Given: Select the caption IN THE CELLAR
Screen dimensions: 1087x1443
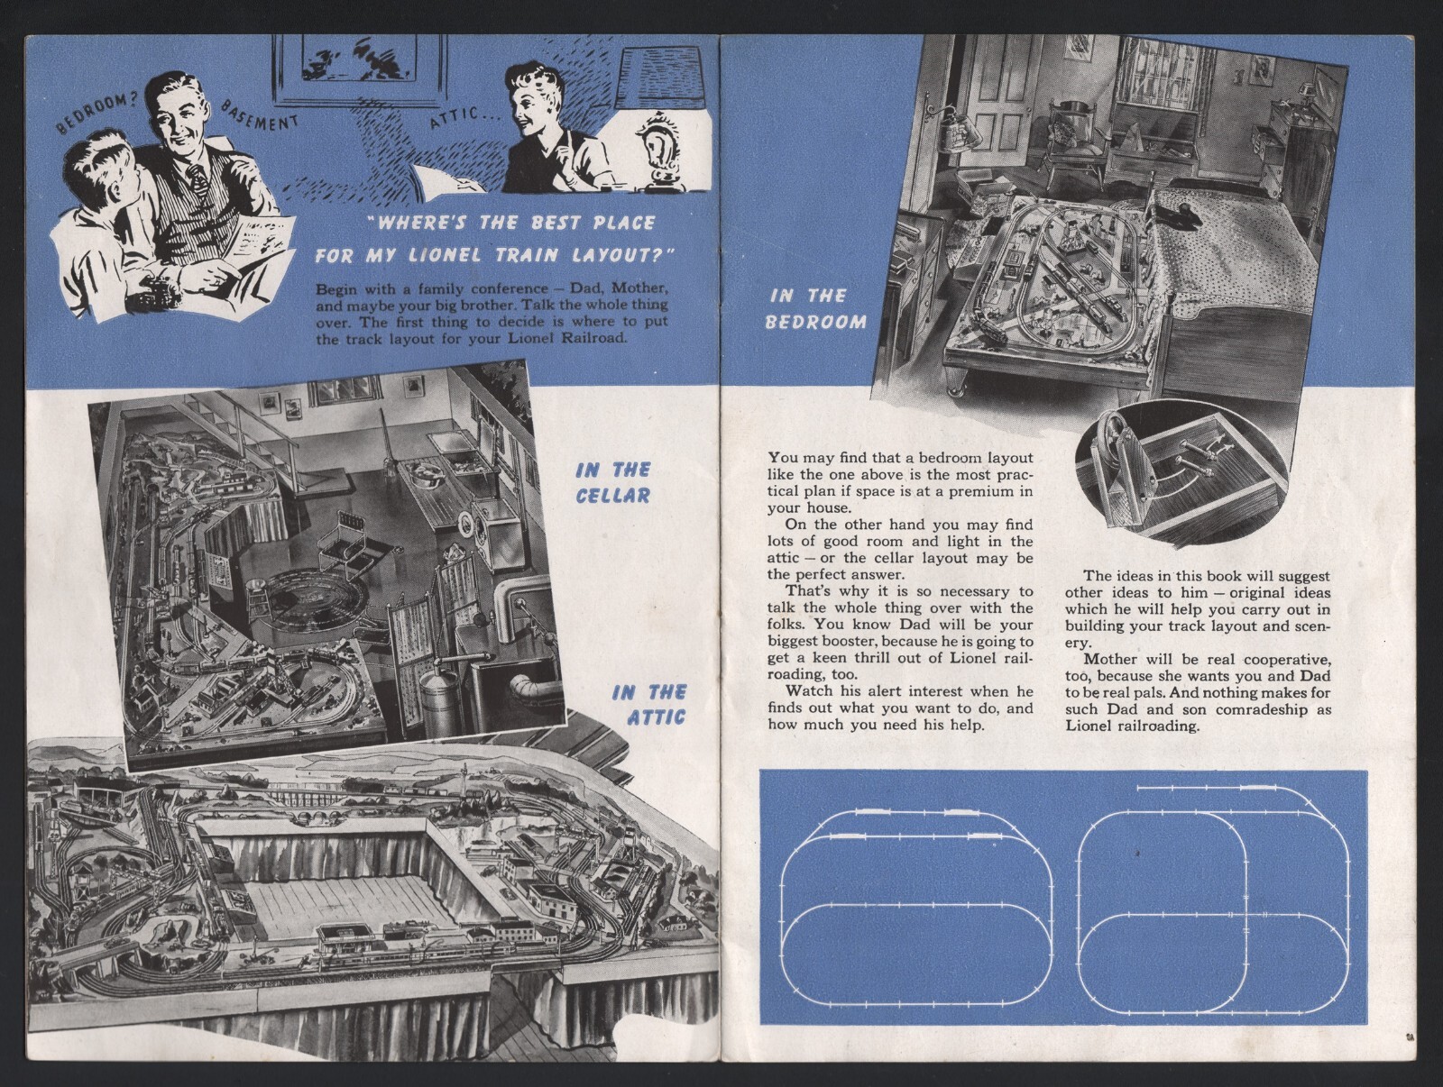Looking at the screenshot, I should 613,482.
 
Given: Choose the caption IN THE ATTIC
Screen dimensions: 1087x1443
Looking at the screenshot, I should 649,704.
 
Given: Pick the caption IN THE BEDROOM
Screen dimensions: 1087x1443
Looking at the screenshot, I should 815,308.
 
